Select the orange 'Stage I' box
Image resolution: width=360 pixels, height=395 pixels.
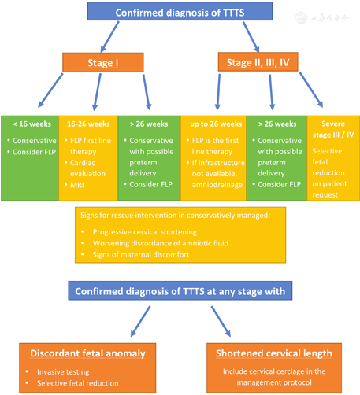pos(102,62)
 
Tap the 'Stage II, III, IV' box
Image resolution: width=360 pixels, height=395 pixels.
pos(258,62)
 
